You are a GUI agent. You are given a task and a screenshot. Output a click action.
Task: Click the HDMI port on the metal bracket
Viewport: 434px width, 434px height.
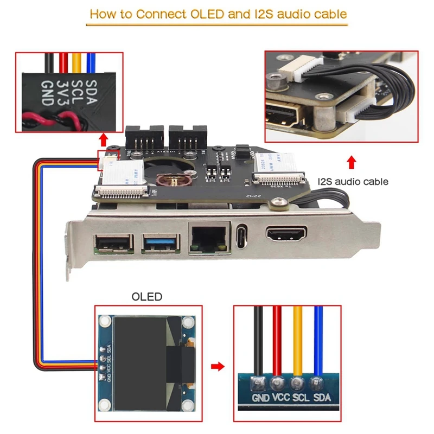286,235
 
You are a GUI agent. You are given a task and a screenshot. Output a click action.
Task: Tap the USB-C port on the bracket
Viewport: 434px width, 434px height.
242,236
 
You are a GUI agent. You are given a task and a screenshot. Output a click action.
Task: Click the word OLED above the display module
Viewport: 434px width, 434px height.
147,297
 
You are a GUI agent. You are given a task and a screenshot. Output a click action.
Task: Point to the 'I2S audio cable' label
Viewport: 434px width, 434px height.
353,182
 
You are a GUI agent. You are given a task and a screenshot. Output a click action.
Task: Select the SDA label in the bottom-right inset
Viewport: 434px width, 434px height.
320,398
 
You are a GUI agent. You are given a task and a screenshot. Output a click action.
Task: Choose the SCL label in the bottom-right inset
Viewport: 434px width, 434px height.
301,398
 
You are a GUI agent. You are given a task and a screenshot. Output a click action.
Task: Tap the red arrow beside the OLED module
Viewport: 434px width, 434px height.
218,367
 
